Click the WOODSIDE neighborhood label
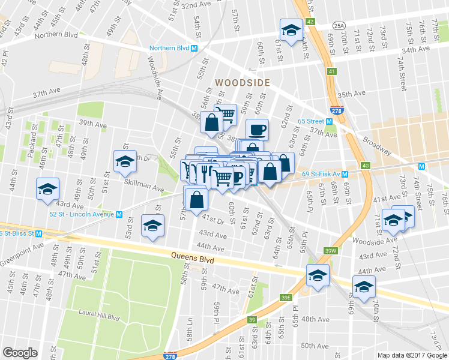coord(243,82)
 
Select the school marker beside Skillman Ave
coord(125,161)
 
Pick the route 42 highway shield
coord(310,21)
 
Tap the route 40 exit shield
coord(366,165)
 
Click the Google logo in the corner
coord(20,353)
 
